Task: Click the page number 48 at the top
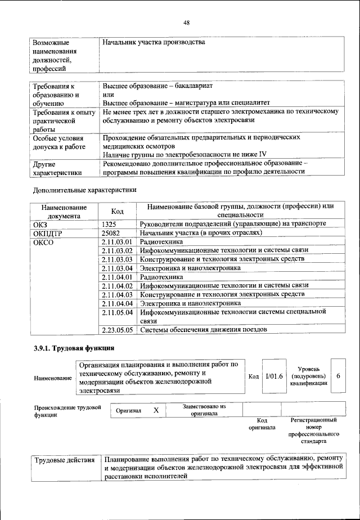tap(187, 23)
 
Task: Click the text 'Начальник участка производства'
tap(154, 43)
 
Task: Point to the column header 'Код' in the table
tap(117, 210)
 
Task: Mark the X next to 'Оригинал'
tap(156, 411)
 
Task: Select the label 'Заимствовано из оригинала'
tap(204, 409)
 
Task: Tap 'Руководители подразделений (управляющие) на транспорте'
tap(233, 223)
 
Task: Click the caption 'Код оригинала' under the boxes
tap(262, 424)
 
